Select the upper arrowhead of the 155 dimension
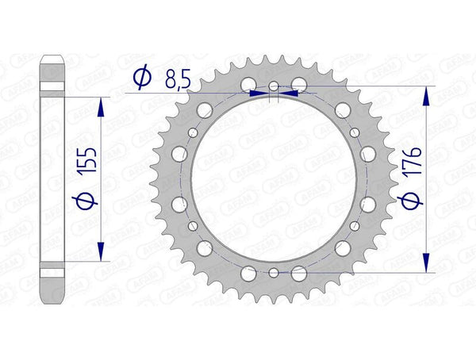pyautogui.click(x=101, y=108)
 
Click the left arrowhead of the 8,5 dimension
pyautogui.click(x=257, y=92)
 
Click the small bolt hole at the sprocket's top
pyautogui.click(x=273, y=86)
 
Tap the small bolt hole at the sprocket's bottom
pyautogui.click(x=273, y=272)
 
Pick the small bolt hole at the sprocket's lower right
pyautogui.click(x=353, y=225)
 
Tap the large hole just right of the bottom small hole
pyautogui.click(x=298, y=274)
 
